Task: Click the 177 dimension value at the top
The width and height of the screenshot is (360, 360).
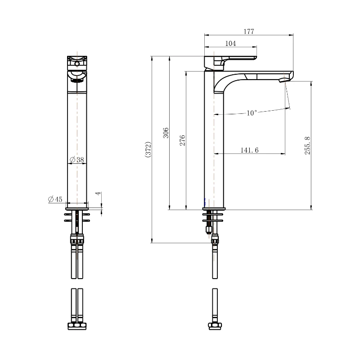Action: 249,31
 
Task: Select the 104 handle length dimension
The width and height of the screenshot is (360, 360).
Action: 230,43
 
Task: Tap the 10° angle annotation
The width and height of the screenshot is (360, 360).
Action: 252,113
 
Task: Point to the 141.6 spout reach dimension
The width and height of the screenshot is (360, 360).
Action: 249,150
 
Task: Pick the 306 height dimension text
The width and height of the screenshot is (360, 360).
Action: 166,133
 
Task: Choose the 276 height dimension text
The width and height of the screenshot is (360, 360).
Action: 182,140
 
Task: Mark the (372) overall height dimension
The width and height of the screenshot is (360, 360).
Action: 148,149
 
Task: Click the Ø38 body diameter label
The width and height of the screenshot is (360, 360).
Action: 77,160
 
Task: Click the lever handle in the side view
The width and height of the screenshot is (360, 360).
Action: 234,58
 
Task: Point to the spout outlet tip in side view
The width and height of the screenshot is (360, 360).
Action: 284,81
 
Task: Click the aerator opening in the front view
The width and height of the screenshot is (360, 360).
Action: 77,80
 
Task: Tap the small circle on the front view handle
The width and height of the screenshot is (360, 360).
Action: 77,64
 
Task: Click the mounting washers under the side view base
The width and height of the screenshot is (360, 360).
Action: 213,218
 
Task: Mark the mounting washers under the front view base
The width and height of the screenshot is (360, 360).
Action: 77,218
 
